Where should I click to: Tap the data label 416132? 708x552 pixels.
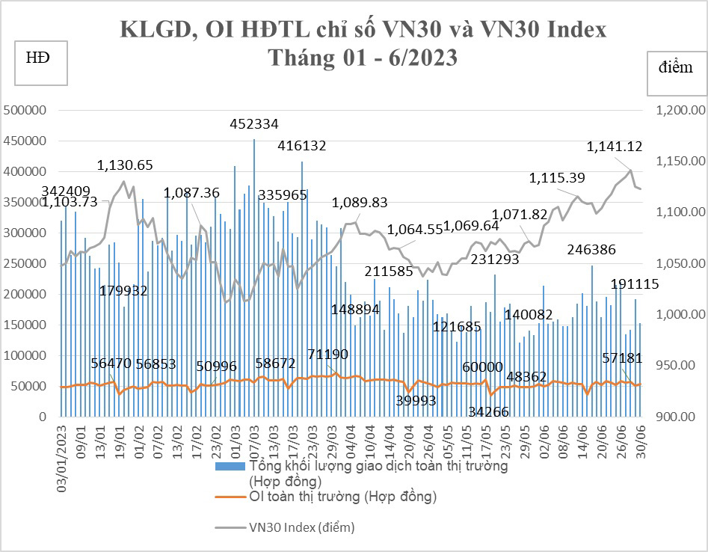pyautogui.click(x=302, y=146)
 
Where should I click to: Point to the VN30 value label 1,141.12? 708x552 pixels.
pyautogui.click(x=614, y=147)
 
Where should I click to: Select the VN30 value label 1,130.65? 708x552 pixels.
pyautogui.click(x=126, y=165)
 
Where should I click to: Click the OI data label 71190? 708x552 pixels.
pyautogui.click(x=328, y=354)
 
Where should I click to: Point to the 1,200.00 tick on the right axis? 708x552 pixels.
pyautogui.click(x=677, y=110)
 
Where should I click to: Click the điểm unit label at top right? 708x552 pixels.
pyautogui.click(x=676, y=67)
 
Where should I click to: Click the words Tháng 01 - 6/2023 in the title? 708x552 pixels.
pyautogui.click(x=363, y=58)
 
